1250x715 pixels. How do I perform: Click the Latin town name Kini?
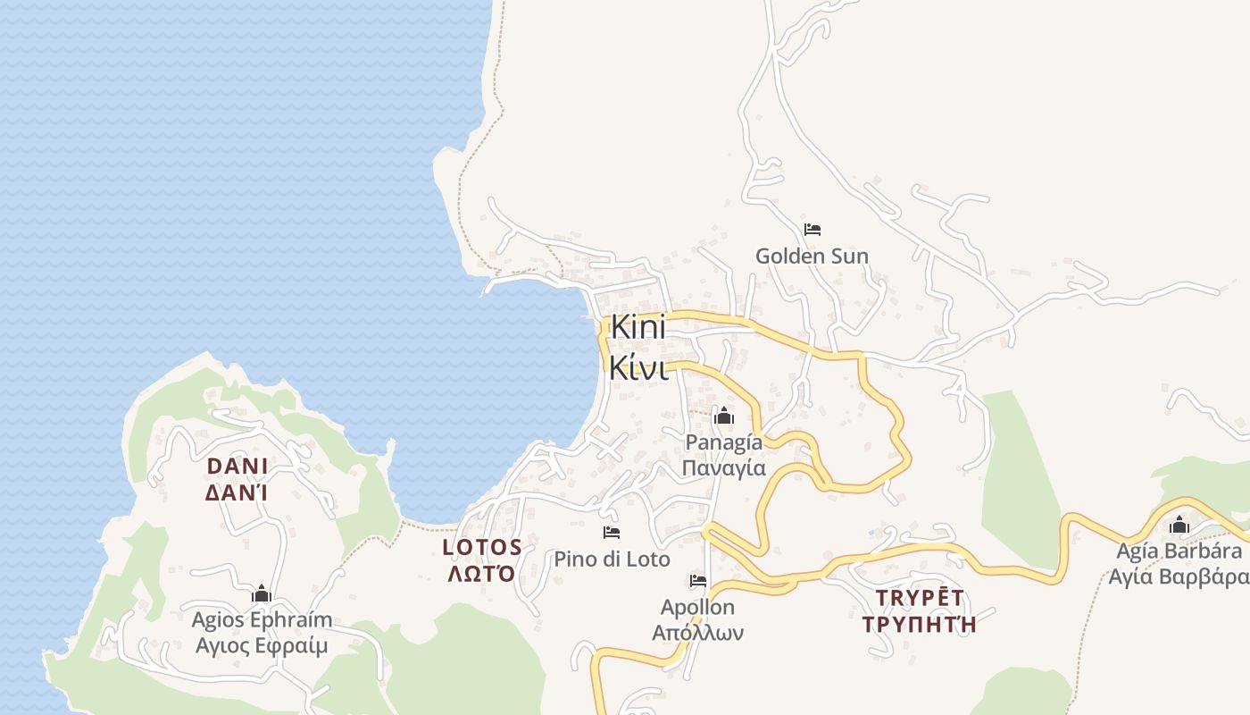638,327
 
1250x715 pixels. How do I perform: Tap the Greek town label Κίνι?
638,366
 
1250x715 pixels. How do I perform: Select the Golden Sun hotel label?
812,257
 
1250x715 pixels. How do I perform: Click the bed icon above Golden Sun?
812,230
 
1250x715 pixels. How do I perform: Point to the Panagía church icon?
723,416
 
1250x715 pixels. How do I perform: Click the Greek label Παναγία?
723,467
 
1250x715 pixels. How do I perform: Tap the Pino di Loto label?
612,559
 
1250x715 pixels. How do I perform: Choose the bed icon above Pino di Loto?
612,533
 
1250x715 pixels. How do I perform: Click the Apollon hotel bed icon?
698,581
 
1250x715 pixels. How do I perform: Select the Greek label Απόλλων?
698,633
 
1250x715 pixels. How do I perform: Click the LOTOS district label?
482,547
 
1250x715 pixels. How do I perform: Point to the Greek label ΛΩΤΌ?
482,573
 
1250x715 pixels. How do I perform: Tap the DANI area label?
237,466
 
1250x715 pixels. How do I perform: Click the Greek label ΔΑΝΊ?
237,492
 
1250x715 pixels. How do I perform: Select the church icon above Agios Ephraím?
262,593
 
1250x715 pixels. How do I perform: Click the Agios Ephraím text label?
262,620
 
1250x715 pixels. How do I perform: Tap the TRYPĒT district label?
920,597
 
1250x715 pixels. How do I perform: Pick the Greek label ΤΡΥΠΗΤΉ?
920,623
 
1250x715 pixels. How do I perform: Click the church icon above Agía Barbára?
1179,525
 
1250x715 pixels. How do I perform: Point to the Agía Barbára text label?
1179,551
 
